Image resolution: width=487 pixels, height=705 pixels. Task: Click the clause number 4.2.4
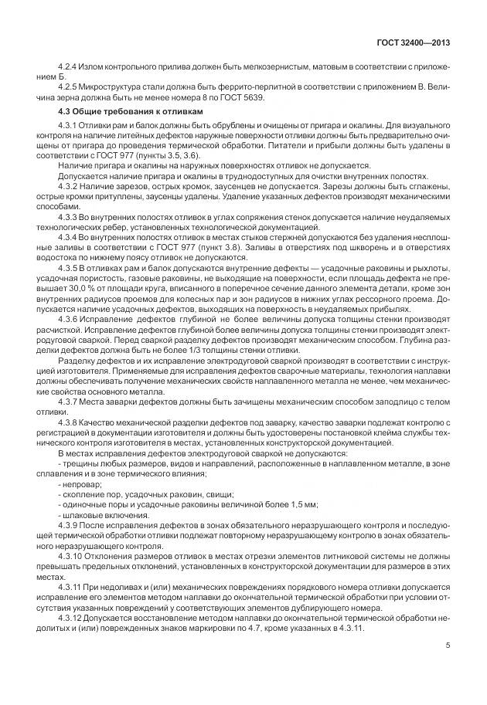pos(69,69)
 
